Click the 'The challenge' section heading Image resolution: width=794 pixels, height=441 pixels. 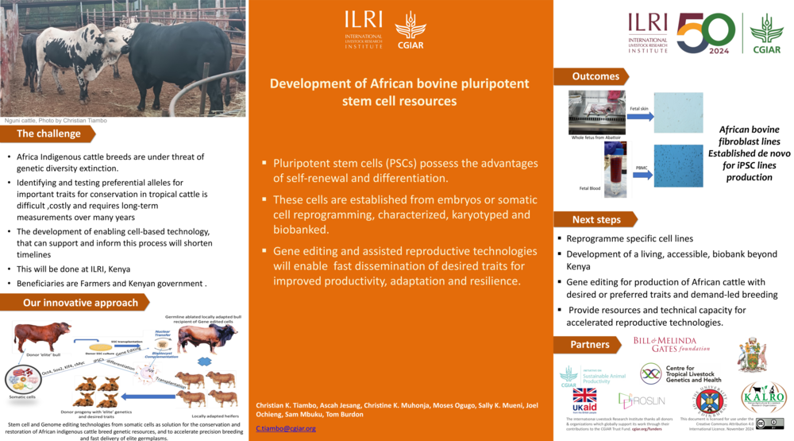pos(48,133)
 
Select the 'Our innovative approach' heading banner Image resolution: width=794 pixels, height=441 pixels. pos(80,303)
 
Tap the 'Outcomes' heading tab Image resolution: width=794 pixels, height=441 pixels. pos(595,76)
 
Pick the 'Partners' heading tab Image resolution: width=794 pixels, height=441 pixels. pos(590,345)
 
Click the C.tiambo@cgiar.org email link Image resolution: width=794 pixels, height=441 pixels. pos(286,428)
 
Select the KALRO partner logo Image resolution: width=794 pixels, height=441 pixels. pos(763,397)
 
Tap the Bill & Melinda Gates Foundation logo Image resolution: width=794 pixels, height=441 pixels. pos(671,343)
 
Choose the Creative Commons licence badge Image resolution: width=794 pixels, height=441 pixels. pos(769,424)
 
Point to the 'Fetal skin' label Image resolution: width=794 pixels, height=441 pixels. pos(639,108)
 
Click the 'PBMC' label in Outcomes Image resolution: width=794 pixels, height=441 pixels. pos(642,168)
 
